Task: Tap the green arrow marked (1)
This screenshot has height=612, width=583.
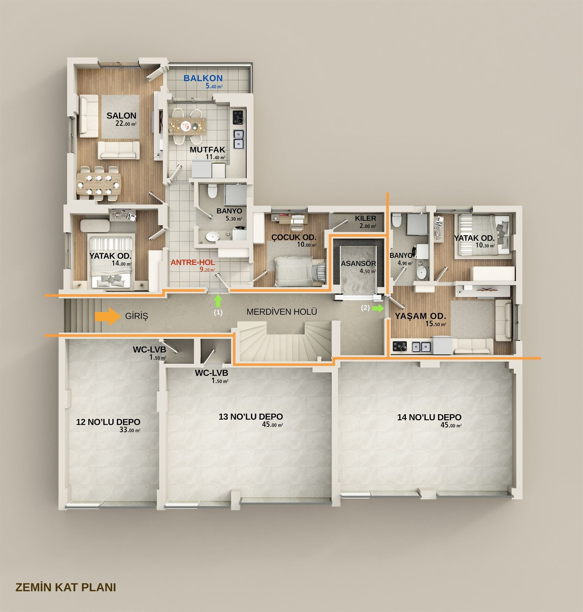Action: (218, 301)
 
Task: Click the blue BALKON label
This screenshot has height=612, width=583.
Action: (203, 78)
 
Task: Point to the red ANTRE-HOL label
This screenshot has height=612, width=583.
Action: (193, 262)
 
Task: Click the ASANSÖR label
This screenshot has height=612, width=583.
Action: (359, 263)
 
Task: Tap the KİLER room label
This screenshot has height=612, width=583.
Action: (365, 218)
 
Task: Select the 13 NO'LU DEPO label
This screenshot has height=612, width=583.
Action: (251, 416)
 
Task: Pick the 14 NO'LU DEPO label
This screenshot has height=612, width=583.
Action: (429, 417)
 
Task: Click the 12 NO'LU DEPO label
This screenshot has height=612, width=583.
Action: (108, 422)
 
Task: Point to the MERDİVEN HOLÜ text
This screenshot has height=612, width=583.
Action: (282, 312)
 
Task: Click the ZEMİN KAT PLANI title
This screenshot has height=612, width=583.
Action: (66, 587)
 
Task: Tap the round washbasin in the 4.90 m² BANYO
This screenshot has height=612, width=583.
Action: (421, 272)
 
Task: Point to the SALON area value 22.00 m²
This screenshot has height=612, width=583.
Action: (126, 123)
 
